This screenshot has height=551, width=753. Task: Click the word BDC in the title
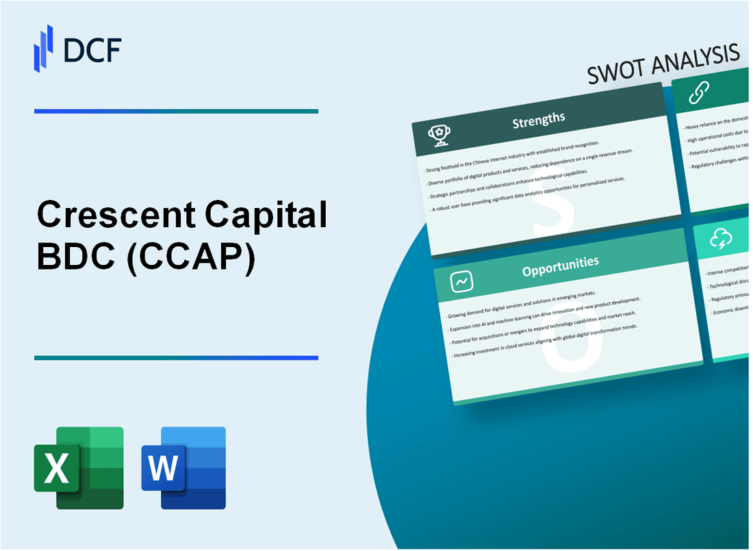71,261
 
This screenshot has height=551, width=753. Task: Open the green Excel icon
79,467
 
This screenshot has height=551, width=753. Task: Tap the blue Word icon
183,467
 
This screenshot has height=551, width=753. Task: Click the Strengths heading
539,120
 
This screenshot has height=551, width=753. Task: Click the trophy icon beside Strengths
439,136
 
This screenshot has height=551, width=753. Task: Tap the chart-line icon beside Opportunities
460,281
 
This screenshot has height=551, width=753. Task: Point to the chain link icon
699,92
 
